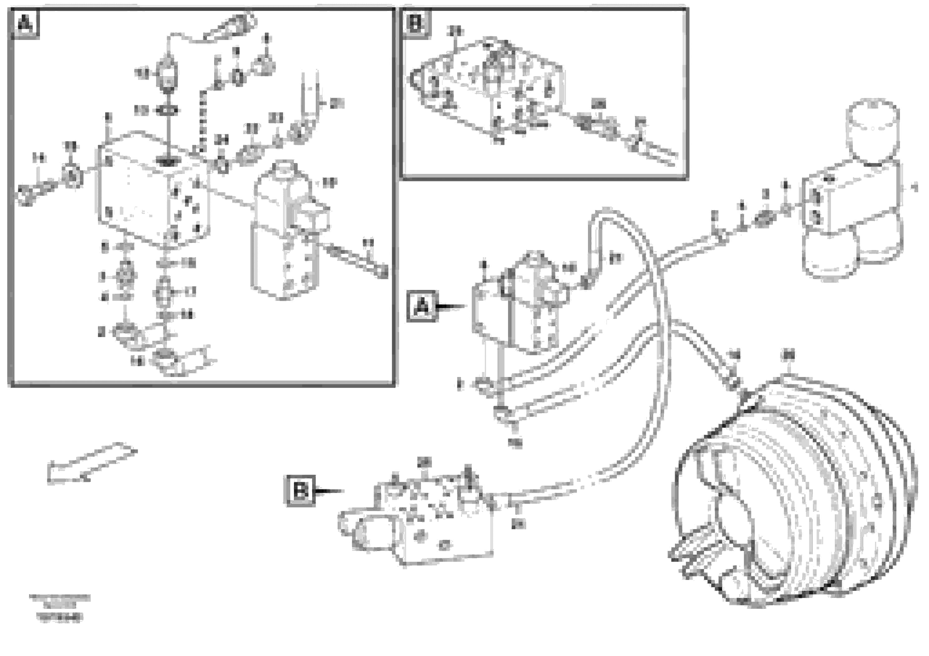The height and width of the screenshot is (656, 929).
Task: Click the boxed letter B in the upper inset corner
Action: click(415, 23)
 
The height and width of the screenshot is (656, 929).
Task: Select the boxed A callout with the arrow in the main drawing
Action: click(422, 306)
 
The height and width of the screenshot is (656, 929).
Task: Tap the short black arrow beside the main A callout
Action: click(451, 307)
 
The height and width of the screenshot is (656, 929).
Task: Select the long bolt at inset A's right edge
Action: click(356, 259)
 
